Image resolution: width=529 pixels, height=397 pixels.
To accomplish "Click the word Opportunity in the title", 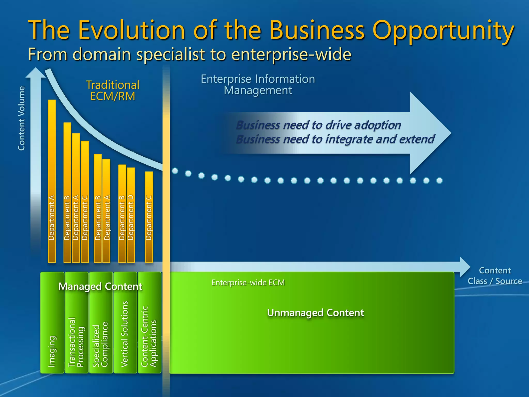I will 443,31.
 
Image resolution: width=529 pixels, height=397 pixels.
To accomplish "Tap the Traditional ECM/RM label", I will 113,90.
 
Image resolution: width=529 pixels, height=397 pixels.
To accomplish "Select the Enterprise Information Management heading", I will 258,85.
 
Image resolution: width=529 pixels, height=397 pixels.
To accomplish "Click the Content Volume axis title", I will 21,118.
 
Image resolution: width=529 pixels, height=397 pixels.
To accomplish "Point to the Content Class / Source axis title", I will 495,276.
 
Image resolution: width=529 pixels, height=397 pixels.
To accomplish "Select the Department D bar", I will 131,215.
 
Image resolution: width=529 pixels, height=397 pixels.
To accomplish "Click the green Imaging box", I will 52,336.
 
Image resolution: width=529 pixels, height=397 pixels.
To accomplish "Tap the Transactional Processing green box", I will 76,336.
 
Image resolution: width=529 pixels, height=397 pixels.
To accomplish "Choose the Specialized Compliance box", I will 101,336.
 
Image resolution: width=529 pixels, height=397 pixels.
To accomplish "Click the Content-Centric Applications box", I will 149,336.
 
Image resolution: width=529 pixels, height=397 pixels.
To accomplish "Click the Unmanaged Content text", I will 315,313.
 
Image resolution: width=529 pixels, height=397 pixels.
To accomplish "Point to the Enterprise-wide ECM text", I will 248,283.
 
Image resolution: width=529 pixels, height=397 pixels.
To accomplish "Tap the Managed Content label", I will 100,286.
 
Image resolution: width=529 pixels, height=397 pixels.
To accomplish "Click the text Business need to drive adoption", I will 318,125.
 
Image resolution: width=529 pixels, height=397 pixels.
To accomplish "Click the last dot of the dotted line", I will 439,181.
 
